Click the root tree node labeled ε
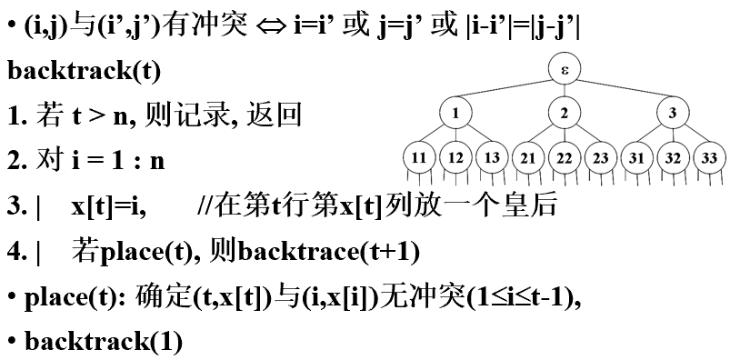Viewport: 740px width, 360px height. tap(565, 69)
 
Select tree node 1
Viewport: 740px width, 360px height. tap(455, 114)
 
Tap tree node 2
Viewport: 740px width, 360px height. tap(565, 114)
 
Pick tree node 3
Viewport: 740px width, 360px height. tap(673, 114)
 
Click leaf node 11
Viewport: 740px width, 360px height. tap(419, 157)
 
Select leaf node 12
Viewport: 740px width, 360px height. tap(455, 157)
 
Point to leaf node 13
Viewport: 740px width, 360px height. tap(492, 157)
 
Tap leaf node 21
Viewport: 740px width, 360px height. tap(528, 157)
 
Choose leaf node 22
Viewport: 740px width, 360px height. tap(565, 157)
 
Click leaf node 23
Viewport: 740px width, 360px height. tap(601, 157)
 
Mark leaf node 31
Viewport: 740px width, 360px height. tap(636, 157)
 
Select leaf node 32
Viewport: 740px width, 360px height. tap(673, 157)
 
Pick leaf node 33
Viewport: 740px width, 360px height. tap(709, 157)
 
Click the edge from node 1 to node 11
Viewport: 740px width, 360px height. tap(437, 135)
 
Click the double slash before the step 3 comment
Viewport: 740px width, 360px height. tap(204, 206)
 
